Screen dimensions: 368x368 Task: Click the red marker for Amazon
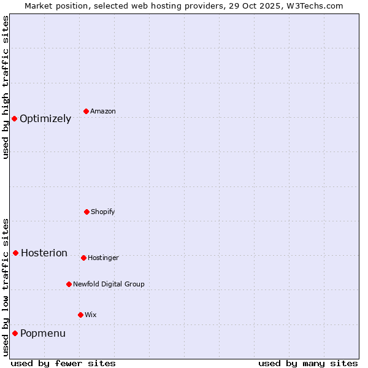pyautogui.click(x=86, y=111)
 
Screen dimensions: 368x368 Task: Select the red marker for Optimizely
pyautogui.click(x=15, y=118)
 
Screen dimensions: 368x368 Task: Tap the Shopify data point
pyautogui.click(x=86, y=212)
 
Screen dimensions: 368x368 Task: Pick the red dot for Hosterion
pyautogui.click(x=16, y=253)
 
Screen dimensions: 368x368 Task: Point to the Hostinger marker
pyautogui.click(x=83, y=258)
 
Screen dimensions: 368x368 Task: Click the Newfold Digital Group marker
pyautogui.click(x=69, y=284)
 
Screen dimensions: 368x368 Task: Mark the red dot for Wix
pyautogui.click(x=80, y=315)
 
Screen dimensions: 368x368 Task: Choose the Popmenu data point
pyautogui.click(x=15, y=333)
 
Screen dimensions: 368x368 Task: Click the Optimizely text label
pyautogui.click(x=45, y=119)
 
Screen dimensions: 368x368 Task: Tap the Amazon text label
pyautogui.click(x=103, y=112)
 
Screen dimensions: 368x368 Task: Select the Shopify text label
pyautogui.click(x=103, y=212)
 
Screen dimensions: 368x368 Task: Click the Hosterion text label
pyautogui.click(x=44, y=253)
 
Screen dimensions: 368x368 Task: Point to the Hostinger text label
pyautogui.click(x=103, y=258)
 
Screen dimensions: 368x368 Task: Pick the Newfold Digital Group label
pyautogui.click(x=109, y=285)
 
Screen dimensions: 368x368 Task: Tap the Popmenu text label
pyautogui.click(x=43, y=334)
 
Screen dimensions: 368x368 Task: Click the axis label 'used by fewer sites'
pyautogui.click(x=63, y=363)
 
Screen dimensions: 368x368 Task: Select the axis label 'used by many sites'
pyautogui.click(x=308, y=363)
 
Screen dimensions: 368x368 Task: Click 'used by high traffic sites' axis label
pyautogui.click(x=6, y=87)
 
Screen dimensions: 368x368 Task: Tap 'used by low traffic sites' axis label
pyautogui.click(x=6, y=287)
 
